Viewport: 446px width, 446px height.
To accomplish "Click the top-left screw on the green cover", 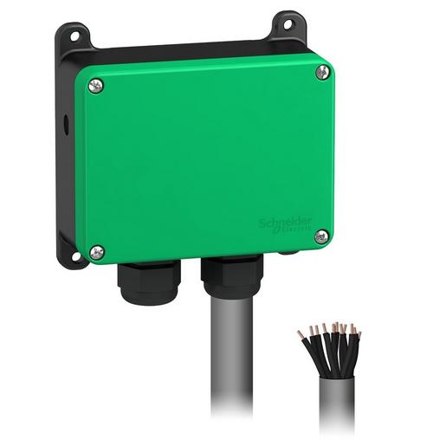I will [94, 84].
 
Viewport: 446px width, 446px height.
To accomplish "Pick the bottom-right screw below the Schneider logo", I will [321, 234].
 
